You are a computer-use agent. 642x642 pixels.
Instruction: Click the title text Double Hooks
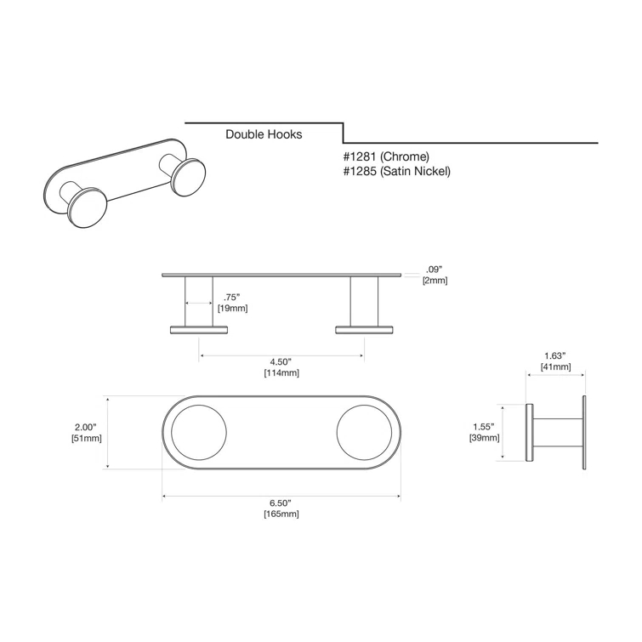coord(264,134)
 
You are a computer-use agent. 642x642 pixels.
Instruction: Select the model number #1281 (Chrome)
coord(386,156)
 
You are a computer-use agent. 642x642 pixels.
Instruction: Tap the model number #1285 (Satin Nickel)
coord(396,171)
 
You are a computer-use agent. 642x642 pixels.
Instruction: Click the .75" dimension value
coord(231,298)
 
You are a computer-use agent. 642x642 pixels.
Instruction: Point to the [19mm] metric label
coord(232,308)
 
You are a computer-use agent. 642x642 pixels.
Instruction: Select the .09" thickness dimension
coord(435,270)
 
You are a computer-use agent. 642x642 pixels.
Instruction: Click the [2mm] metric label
coord(435,281)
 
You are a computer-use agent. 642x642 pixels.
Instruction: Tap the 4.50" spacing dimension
coord(281,361)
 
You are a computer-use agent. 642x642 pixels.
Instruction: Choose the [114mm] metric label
coord(281,372)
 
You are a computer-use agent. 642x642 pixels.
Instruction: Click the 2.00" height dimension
coord(85,427)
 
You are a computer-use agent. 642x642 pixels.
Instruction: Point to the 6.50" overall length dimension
coord(281,503)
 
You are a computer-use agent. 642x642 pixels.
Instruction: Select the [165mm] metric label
coord(281,514)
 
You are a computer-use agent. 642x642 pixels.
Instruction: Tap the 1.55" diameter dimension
coord(484,427)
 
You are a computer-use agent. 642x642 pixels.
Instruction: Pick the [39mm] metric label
coord(484,438)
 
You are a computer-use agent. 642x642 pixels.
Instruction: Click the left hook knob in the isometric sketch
coord(88,208)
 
